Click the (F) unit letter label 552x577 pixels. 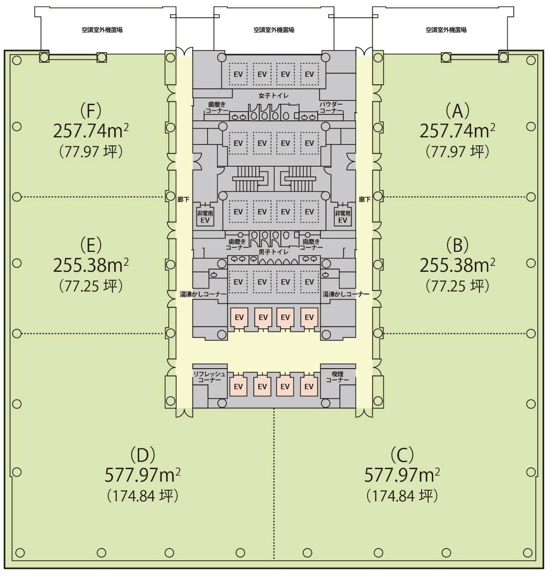click(x=91, y=110)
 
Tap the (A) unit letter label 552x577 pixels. click(x=458, y=111)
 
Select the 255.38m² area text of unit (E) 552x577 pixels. click(x=91, y=265)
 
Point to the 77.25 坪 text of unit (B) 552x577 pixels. click(x=458, y=286)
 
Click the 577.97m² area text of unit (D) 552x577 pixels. click(x=143, y=475)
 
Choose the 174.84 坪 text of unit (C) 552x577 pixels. click(x=402, y=496)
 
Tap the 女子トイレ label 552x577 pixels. click(x=274, y=95)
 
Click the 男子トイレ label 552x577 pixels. click(x=274, y=252)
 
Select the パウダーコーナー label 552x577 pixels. click(x=331, y=107)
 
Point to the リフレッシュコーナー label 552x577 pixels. click(x=209, y=377)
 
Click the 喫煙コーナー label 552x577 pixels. click(x=337, y=377)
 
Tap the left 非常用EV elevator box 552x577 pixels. click(x=205, y=217)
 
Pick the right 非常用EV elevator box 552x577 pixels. click(x=343, y=217)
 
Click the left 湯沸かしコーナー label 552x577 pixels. click(x=203, y=294)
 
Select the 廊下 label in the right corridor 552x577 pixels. click(x=364, y=200)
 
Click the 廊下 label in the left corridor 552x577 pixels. click(x=183, y=200)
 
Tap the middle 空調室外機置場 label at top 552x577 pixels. click(x=274, y=30)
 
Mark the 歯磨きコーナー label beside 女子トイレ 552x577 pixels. click(x=217, y=107)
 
